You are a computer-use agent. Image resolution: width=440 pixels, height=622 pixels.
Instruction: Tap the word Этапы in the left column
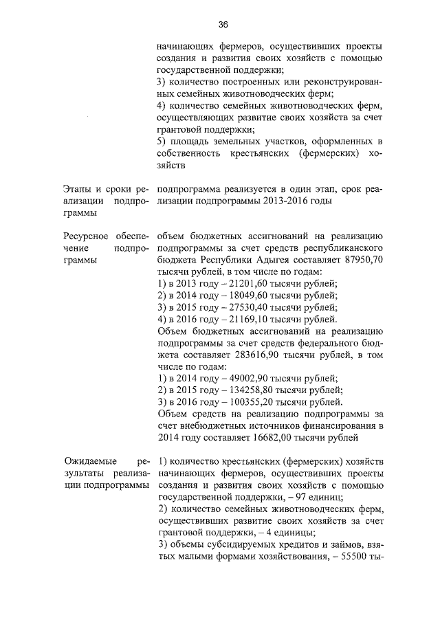tap(69, 190)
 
